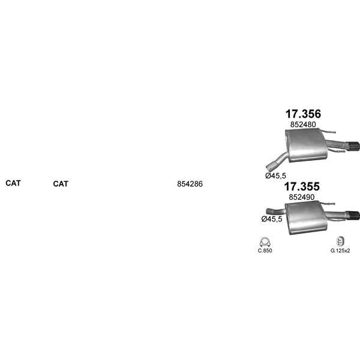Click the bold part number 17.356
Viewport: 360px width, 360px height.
[x=303, y=114]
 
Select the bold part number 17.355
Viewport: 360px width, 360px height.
[x=302, y=187]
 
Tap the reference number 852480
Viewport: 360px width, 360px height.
[x=303, y=124]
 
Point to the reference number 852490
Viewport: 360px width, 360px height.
[x=302, y=197]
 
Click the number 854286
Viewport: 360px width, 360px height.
[x=190, y=184]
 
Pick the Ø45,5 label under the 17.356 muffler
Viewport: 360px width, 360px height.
[x=275, y=176]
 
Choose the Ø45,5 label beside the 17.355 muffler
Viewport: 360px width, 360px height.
[x=272, y=219]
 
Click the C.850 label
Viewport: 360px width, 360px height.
[x=265, y=250]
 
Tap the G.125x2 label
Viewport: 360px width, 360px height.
[x=340, y=250]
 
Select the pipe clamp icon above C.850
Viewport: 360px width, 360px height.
[x=265, y=242]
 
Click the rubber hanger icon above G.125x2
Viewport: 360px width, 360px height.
[x=340, y=241]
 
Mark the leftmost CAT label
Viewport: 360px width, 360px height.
[x=13, y=183]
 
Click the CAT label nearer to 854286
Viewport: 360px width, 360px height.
[x=61, y=184]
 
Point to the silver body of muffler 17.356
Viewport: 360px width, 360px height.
[x=306, y=145]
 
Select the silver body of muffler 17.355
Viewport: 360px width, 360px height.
[x=305, y=217]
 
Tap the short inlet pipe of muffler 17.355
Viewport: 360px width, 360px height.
[x=275, y=211]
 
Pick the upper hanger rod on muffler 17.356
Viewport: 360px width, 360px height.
[x=328, y=131]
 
